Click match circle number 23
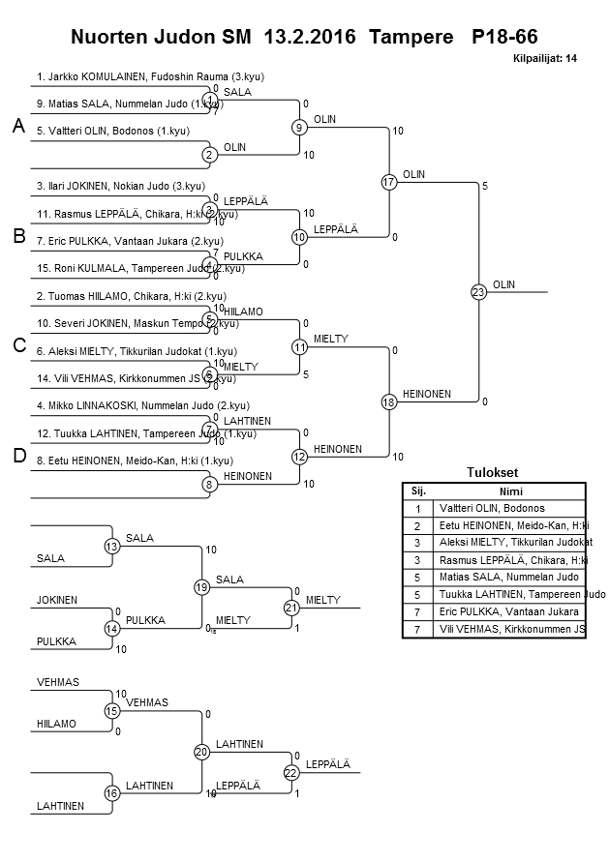[x=478, y=291]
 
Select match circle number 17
[x=389, y=182]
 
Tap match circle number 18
[x=389, y=401]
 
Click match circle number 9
[x=299, y=127]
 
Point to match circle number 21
[x=290, y=608]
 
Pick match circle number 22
[x=290, y=772]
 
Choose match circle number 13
[x=112, y=547]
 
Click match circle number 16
[x=112, y=793]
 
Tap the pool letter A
[x=17, y=127]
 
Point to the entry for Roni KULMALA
[x=140, y=267]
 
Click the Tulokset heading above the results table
[x=493, y=473]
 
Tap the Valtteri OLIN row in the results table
[x=492, y=508]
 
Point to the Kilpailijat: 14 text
[x=545, y=59]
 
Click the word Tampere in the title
[x=416, y=38]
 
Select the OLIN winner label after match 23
[x=503, y=284]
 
